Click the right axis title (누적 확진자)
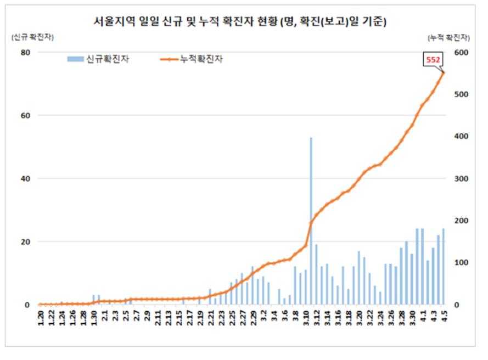coord(448,37)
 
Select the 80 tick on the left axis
coord(25,53)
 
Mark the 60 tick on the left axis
coord(25,116)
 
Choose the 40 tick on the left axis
coord(25,179)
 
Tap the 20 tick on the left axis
coord(25,242)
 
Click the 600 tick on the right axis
coord(460,53)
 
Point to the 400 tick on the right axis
coord(460,137)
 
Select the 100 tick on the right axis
coord(460,263)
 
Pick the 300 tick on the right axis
coord(460,179)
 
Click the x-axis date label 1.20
coord(40,318)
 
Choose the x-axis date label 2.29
coord(253,318)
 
